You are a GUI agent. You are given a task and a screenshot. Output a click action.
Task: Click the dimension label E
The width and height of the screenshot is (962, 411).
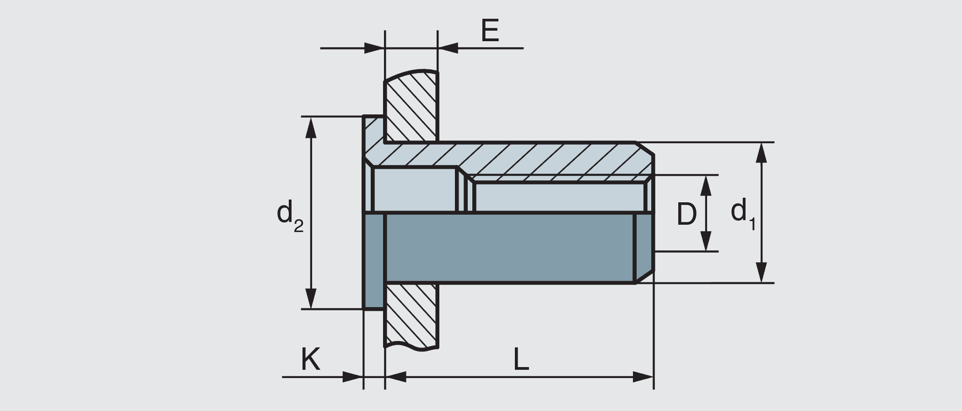(490, 31)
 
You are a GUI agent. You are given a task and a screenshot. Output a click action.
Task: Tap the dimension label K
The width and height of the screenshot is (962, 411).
(311, 359)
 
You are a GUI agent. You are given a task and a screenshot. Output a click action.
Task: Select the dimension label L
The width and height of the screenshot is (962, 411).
(521, 360)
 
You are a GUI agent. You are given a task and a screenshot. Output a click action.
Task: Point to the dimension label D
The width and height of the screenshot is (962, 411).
(686, 214)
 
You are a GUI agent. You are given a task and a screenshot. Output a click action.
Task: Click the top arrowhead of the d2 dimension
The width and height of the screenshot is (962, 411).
(311, 126)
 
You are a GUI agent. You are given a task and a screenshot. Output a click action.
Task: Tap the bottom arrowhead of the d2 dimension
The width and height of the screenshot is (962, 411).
(311, 299)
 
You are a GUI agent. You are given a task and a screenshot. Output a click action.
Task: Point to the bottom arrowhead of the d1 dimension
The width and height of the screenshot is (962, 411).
(761, 273)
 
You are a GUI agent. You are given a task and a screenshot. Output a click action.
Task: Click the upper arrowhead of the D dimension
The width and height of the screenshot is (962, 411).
(706, 184)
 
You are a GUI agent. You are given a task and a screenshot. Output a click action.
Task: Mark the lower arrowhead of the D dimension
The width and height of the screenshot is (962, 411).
(706, 242)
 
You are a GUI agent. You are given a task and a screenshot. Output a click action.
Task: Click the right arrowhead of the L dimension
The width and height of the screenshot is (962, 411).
(643, 377)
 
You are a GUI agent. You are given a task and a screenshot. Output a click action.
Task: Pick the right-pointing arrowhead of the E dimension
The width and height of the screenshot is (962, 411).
(374, 48)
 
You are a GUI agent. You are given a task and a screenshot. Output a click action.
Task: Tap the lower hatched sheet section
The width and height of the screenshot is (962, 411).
(411, 316)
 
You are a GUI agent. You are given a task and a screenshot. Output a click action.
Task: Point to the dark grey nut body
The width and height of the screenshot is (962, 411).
(508, 247)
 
